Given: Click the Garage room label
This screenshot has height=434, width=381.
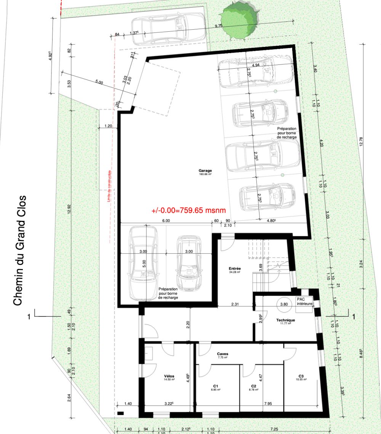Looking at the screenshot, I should [x=205, y=171].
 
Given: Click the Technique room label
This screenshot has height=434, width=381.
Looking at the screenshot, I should [x=286, y=321].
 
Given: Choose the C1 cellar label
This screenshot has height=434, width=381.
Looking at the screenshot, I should [x=215, y=386].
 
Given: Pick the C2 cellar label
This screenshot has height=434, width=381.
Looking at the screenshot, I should [x=253, y=386].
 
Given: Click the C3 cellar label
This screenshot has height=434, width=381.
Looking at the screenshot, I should [x=301, y=376].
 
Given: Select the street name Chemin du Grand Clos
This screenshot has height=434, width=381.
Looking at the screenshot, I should [x=20, y=251].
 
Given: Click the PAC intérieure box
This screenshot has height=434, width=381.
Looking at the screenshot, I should [x=304, y=302].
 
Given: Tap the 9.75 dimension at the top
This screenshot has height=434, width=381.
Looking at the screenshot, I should [x=218, y=26].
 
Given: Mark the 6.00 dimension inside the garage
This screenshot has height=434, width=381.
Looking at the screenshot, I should [x=166, y=220].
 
